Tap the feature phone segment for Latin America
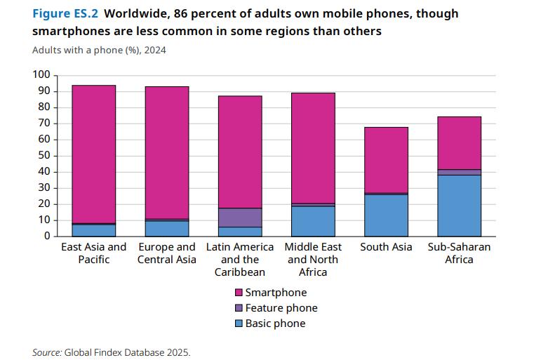239,218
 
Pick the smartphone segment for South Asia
386,160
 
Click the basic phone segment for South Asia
386,215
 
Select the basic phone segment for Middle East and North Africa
313,220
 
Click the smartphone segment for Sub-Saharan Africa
460,143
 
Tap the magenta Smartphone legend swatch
238,293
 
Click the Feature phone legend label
281,308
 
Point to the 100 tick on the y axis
41,75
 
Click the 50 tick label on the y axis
44,156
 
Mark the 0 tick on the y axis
46,236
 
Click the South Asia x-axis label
386,247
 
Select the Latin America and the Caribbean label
239,259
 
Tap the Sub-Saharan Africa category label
460,253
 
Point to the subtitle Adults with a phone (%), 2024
99,50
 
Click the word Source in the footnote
46,352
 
